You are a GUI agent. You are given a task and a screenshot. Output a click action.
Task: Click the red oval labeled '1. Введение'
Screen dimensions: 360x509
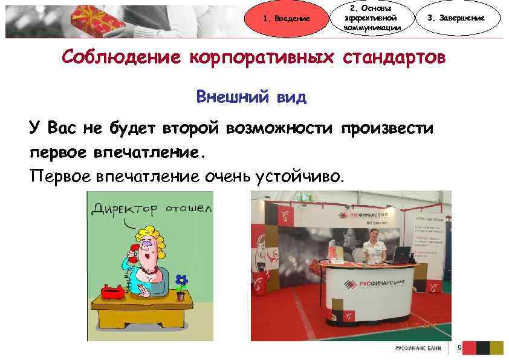tap(287, 18)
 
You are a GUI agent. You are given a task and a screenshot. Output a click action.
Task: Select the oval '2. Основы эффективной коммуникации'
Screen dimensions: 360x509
tap(371, 18)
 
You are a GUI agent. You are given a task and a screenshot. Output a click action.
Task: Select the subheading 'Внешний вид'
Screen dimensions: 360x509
tap(251, 97)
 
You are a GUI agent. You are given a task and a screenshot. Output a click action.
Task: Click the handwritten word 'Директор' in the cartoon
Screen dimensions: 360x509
tap(125, 209)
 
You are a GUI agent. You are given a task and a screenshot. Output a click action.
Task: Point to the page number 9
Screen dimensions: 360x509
tap(460, 348)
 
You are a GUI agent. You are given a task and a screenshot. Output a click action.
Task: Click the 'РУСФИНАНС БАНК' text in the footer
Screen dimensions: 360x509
tap(417, 349)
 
